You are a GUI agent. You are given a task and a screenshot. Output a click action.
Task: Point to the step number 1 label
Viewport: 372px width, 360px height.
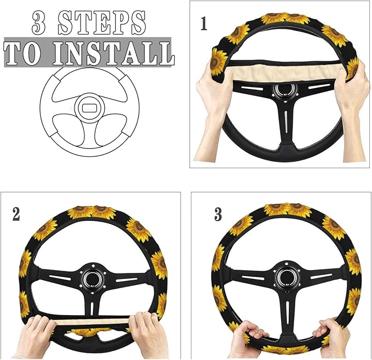[x=204, y=25]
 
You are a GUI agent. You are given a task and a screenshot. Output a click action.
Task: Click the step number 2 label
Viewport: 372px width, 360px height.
[x=16, y=214]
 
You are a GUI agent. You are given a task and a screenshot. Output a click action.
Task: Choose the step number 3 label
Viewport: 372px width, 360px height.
[x=218, y=214]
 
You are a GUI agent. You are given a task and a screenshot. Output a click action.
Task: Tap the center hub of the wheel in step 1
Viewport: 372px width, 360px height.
[x=283, y=90]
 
